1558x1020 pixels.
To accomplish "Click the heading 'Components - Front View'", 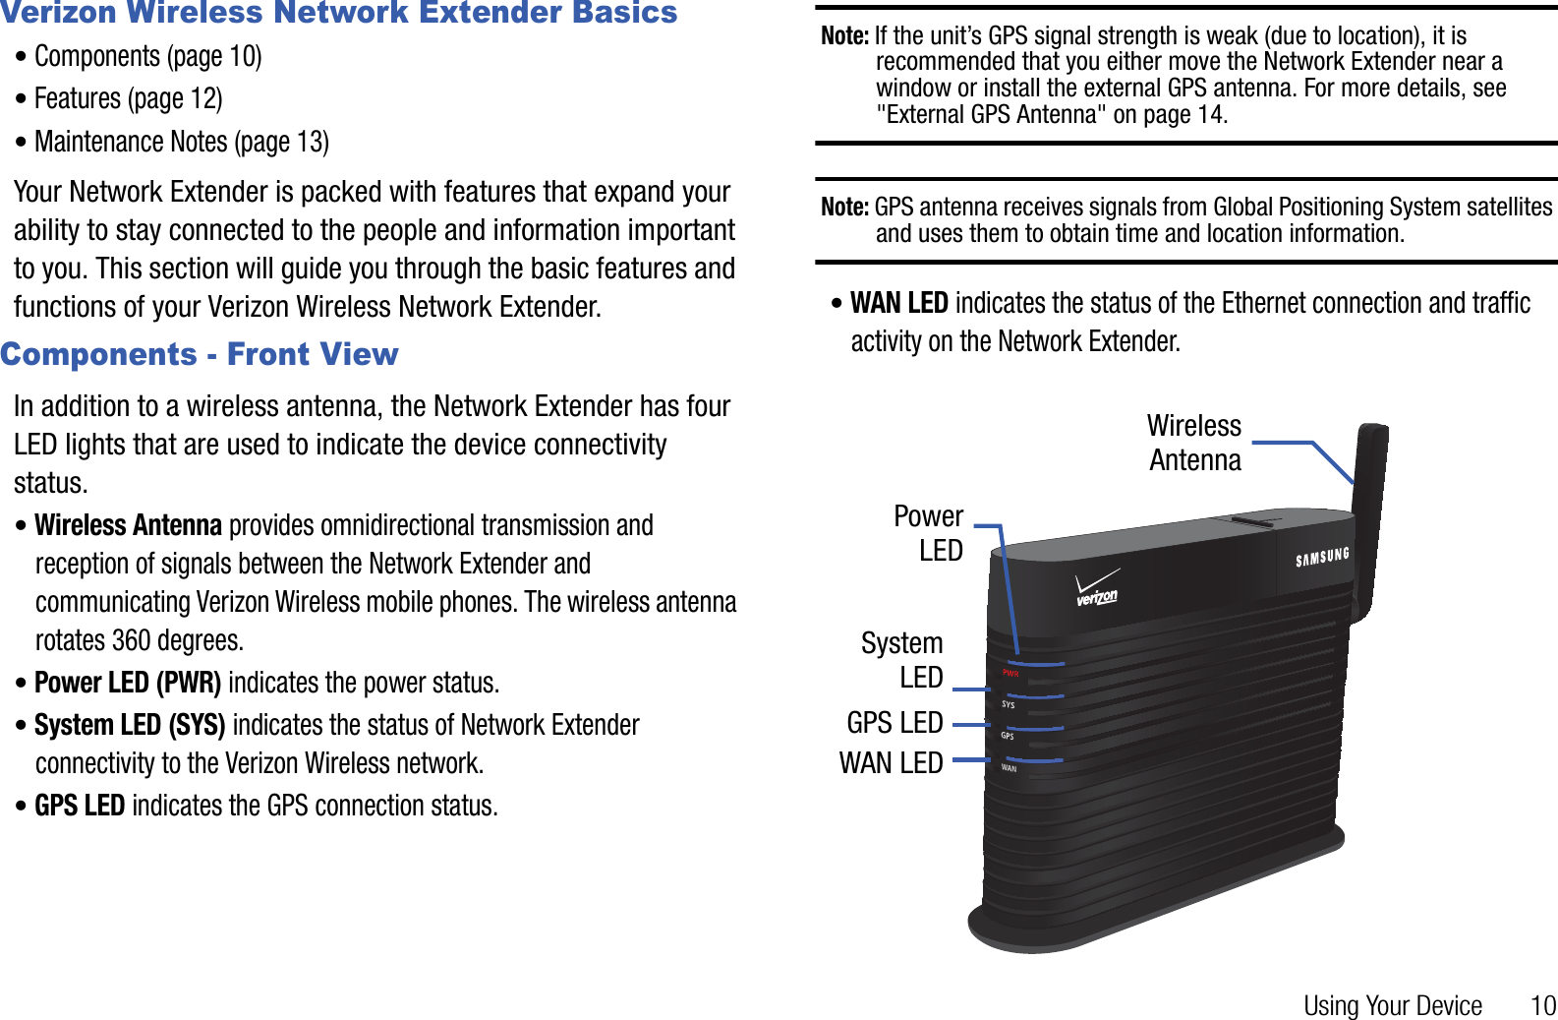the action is [x=200, y=354].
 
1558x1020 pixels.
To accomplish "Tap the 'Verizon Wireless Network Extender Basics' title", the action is [x=339, y=13].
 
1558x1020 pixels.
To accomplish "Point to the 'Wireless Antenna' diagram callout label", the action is [x=1194, y=443].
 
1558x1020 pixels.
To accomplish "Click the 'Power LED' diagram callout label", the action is [x=929, y=533].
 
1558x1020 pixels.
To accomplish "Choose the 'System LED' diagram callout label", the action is [x=902, y=660].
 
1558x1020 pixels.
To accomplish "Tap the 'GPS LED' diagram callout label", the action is [x=894, y=723].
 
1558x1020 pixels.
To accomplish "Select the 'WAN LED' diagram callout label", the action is [x=891, y=763].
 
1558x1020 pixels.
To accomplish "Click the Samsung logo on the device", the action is [x=1322, y=558].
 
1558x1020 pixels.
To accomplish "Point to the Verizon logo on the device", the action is [x=1097, y=589].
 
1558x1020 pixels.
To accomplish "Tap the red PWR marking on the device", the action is [x=1010, y=674].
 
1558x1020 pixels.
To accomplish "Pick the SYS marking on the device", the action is [x=1008, y=704].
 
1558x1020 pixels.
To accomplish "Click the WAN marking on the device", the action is [x=1009, y=768].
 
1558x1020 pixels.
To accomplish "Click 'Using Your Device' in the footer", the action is [x=1392, y=1005].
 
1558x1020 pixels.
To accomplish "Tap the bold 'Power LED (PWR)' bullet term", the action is [x=128, y=683].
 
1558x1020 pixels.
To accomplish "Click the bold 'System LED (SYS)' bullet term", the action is [x=130, y=726].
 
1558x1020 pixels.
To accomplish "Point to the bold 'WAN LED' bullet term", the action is [x=899, y=303].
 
